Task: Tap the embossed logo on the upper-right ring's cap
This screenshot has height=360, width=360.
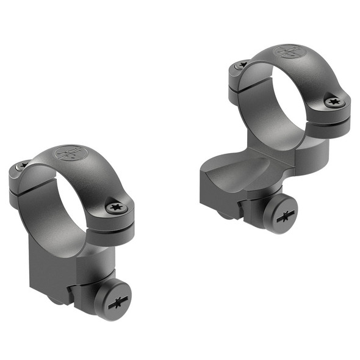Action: (286, 51)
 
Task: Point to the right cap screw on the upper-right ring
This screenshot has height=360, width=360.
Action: (333, 102)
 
